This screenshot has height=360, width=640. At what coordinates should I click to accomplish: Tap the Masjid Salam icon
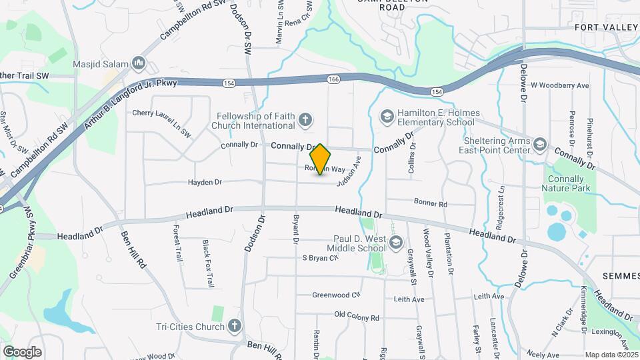(139, 64)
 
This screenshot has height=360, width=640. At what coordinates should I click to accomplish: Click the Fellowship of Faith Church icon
(305, 120)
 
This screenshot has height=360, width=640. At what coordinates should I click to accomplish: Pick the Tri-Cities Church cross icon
(234, 326)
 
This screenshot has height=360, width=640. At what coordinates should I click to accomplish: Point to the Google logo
(22, 351)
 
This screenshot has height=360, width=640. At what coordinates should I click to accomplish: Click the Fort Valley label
(607, 27)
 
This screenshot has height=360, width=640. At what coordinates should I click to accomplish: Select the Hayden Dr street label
(205, 181)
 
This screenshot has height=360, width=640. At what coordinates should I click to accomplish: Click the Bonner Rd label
(430, 203)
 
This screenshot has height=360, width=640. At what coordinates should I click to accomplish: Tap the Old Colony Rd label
(357, 317)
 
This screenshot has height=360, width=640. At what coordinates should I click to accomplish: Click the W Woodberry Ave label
(560, 86)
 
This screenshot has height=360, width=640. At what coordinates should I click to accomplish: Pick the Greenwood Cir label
(337, 295)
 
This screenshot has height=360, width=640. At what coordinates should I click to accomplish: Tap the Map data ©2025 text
(611, 355)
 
